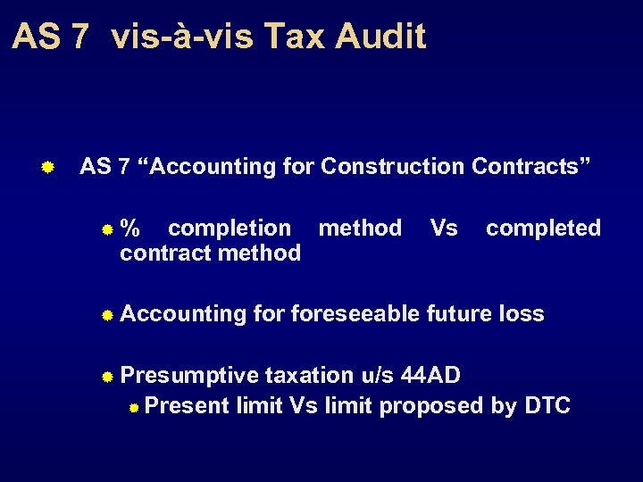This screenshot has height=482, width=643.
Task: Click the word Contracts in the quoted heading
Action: coord(531,166)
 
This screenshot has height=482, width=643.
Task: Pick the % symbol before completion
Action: coord(130,229)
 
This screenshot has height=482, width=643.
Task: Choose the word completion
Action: coord(230,229)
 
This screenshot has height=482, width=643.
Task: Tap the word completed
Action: coord(543,229)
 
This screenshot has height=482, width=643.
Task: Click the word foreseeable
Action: coord(356,313)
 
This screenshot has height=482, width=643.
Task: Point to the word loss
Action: coord(522,313)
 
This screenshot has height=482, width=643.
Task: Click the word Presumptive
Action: coord(189,376)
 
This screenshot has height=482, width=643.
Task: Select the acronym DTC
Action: coord(547,406)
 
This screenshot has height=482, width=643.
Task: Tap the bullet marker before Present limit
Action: coord(133,408)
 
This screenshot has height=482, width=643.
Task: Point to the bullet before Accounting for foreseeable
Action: coord(106,315)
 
